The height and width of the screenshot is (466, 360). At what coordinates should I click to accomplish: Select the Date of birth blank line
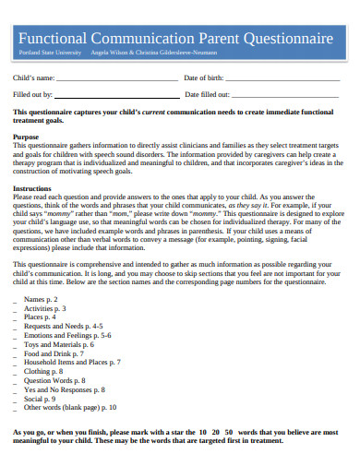(x=282, y=79)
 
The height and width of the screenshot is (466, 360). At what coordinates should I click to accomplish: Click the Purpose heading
(x=26, y=137)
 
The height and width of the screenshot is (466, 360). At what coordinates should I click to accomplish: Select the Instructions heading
(x=32, y=188)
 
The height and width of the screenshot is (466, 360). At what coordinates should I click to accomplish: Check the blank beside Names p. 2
(x=15, y=301)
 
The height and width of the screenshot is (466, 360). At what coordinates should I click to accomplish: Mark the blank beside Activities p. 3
(x=15, y=309)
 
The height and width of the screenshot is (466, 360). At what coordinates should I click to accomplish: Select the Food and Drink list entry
(x=53, y=352)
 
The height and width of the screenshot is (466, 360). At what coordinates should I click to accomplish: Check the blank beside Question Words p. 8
(x=15, y=379)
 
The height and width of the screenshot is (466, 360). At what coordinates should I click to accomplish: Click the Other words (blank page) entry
(x=70, y=406)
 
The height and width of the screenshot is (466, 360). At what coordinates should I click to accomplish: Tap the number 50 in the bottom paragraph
(x=229, y=432)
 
